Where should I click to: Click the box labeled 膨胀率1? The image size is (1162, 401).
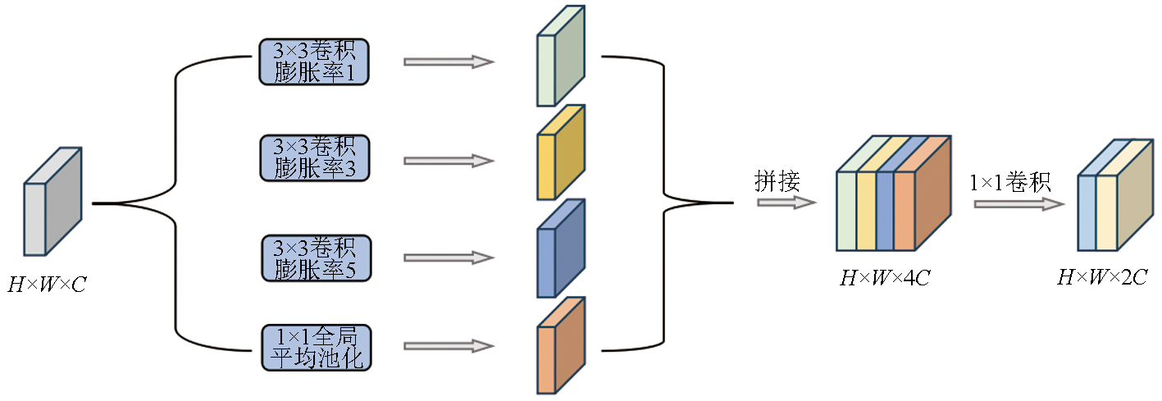pos(315,62)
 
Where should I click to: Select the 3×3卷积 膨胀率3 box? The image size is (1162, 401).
pos(315,158)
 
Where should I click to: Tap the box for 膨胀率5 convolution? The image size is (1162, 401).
pos(315,258)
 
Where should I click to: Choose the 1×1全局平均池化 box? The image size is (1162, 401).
pos(315,348)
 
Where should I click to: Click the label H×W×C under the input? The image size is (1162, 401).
pos(48,285)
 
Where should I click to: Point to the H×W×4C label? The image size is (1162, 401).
pos(884,278)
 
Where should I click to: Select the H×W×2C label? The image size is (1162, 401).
pos(1101,278)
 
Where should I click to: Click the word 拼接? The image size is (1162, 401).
pos(777,181)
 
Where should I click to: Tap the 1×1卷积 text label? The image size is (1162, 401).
pos(1010,181)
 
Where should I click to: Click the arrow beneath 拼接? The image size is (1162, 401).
pos(786,202)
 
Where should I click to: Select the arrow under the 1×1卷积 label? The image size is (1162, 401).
pos(1018,203)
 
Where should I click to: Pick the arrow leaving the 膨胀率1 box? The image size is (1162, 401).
pos(449,62)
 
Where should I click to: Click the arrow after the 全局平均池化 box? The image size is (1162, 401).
pos(449,348)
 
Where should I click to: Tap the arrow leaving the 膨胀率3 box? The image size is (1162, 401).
pos(449,161)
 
